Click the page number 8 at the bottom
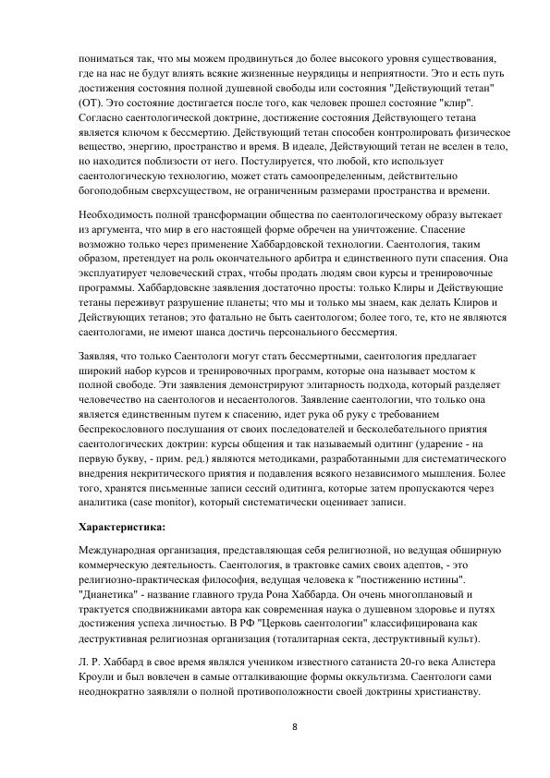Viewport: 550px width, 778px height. [294, 727]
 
